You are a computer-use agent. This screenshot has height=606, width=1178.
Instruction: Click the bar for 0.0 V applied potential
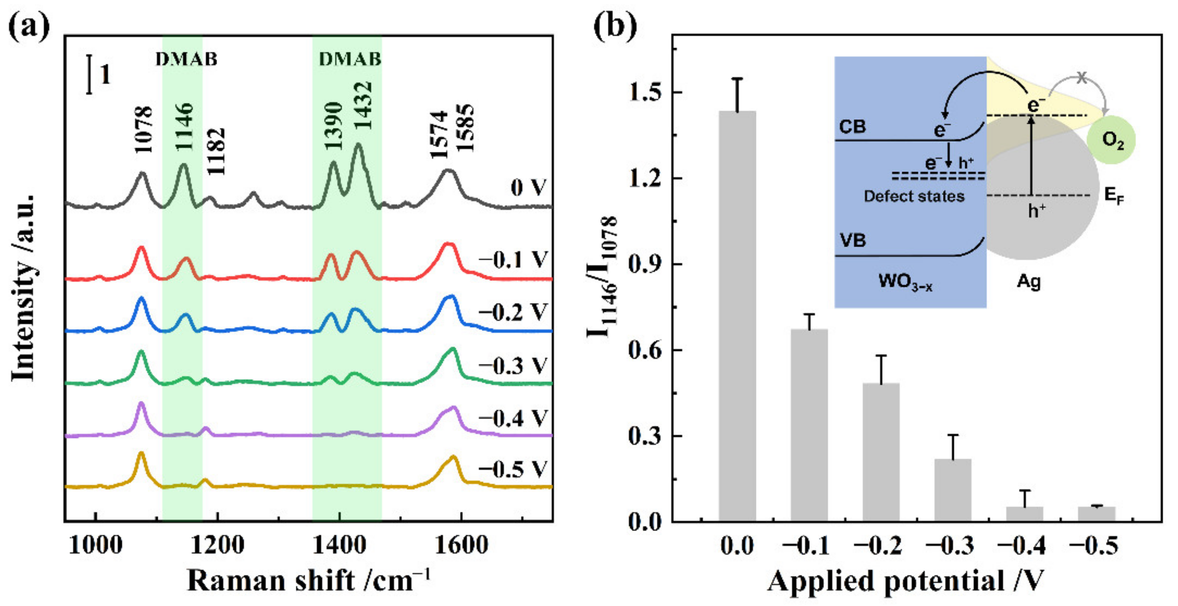(737, 315)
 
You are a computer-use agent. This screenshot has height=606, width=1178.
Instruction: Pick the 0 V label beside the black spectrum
(528, 188)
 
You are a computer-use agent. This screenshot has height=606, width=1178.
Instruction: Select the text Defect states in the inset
(914, 197)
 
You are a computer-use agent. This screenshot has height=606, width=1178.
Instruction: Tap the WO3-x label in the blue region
(905, 281)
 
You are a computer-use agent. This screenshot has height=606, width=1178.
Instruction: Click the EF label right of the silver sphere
(1114, 196)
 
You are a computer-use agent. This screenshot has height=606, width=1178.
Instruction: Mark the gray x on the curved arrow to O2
(1081, 78)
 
